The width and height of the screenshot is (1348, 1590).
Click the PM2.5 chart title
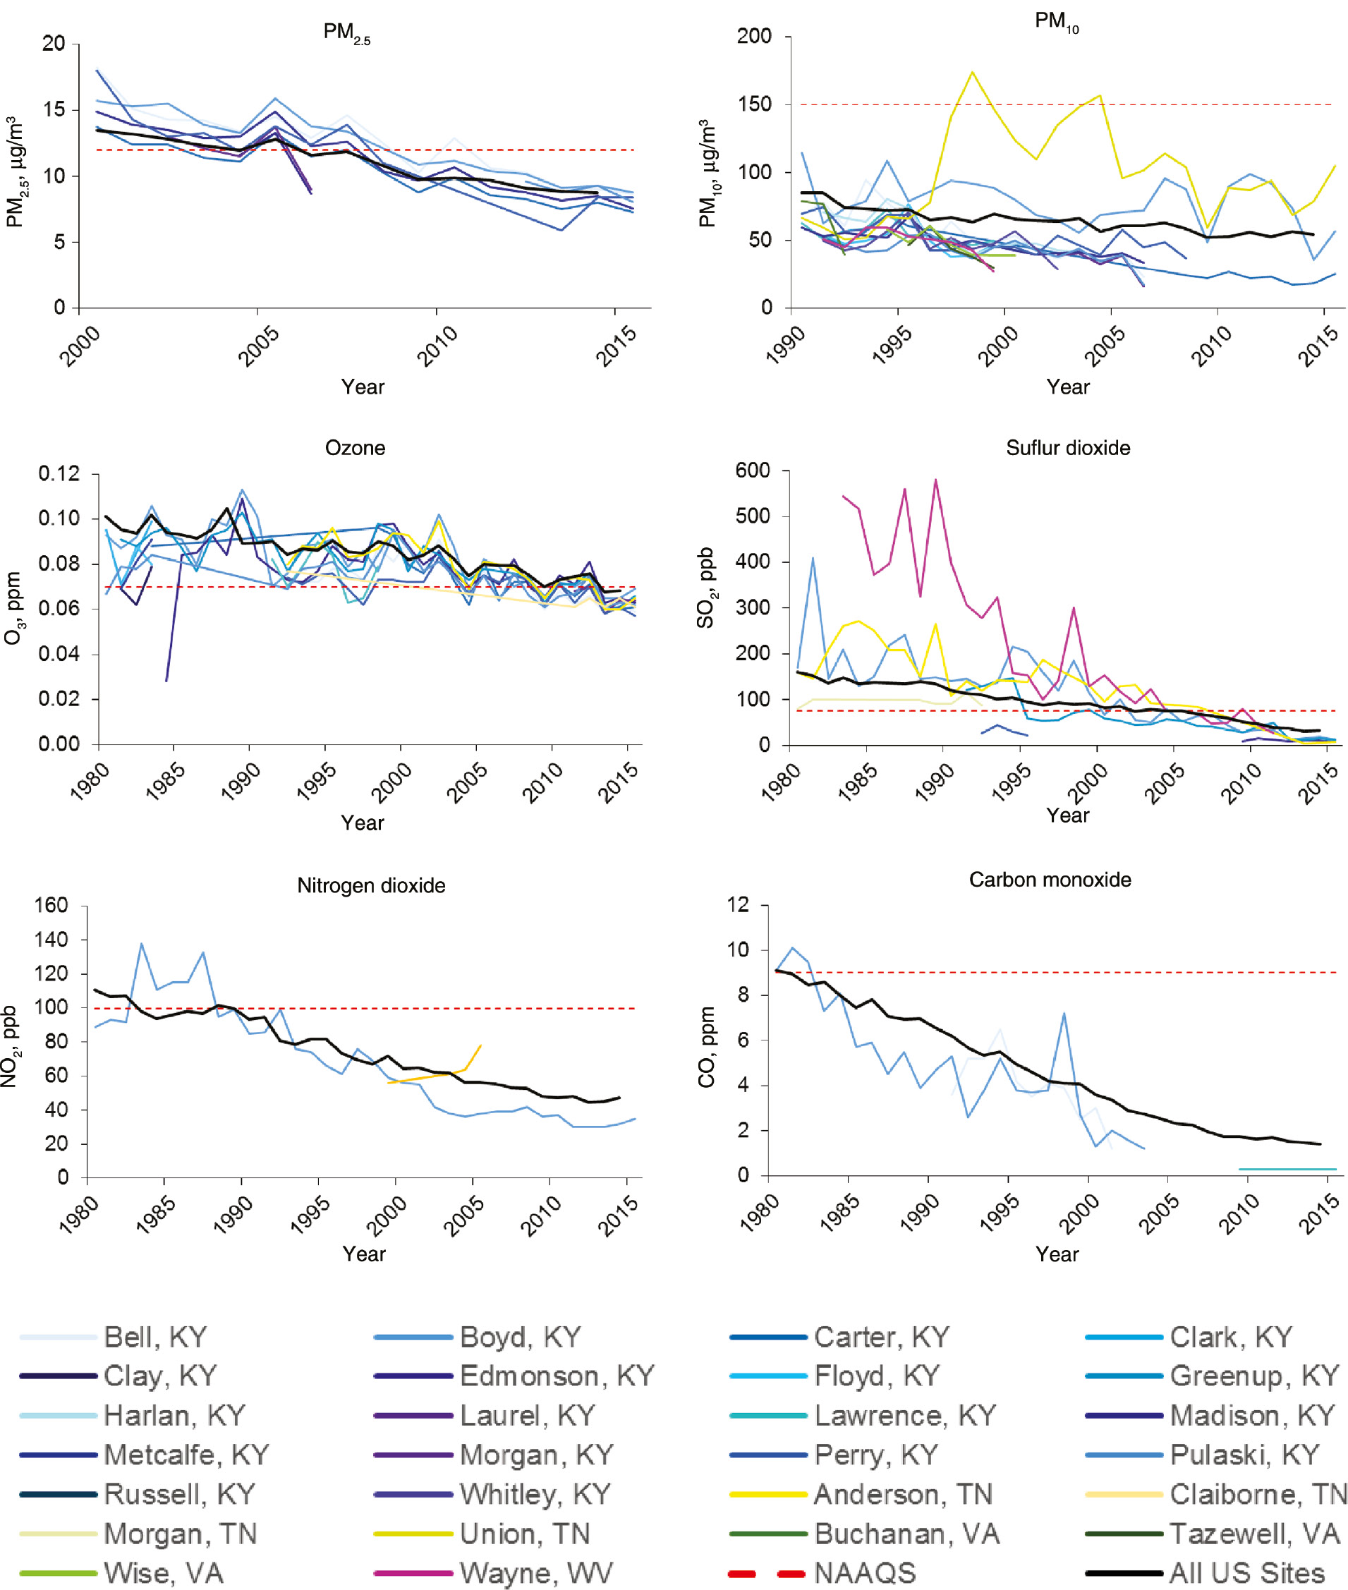click(x=346, y=33)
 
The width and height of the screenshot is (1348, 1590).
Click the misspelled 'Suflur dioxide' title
click(x=1067, y=448)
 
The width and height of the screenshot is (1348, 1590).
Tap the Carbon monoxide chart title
click(x=1050, y=880)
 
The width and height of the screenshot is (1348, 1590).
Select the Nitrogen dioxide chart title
click(x=370, y=885)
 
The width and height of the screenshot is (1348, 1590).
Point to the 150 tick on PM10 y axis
click(x=754, y=104)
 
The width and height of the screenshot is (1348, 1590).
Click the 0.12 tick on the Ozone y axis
click(x=59, y=474)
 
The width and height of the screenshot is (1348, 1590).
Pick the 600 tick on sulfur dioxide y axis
click(x=752, y=471)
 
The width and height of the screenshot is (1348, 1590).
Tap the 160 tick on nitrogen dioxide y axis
click(x=51, y=906)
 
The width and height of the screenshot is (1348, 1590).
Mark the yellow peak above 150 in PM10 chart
click(x=972, y=73)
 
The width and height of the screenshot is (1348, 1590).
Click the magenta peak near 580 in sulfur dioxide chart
click(x=935, y=480)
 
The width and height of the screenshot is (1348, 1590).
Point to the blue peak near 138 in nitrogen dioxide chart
click(x=141, y=945)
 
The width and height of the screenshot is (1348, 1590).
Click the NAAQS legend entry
click(x=863, y=1573)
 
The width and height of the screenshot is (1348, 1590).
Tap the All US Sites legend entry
click(x=1246, y=1573)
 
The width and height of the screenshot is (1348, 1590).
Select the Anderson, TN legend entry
click(x=902, y=1494)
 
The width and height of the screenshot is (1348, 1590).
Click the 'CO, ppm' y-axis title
click(x=706, y=1047)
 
